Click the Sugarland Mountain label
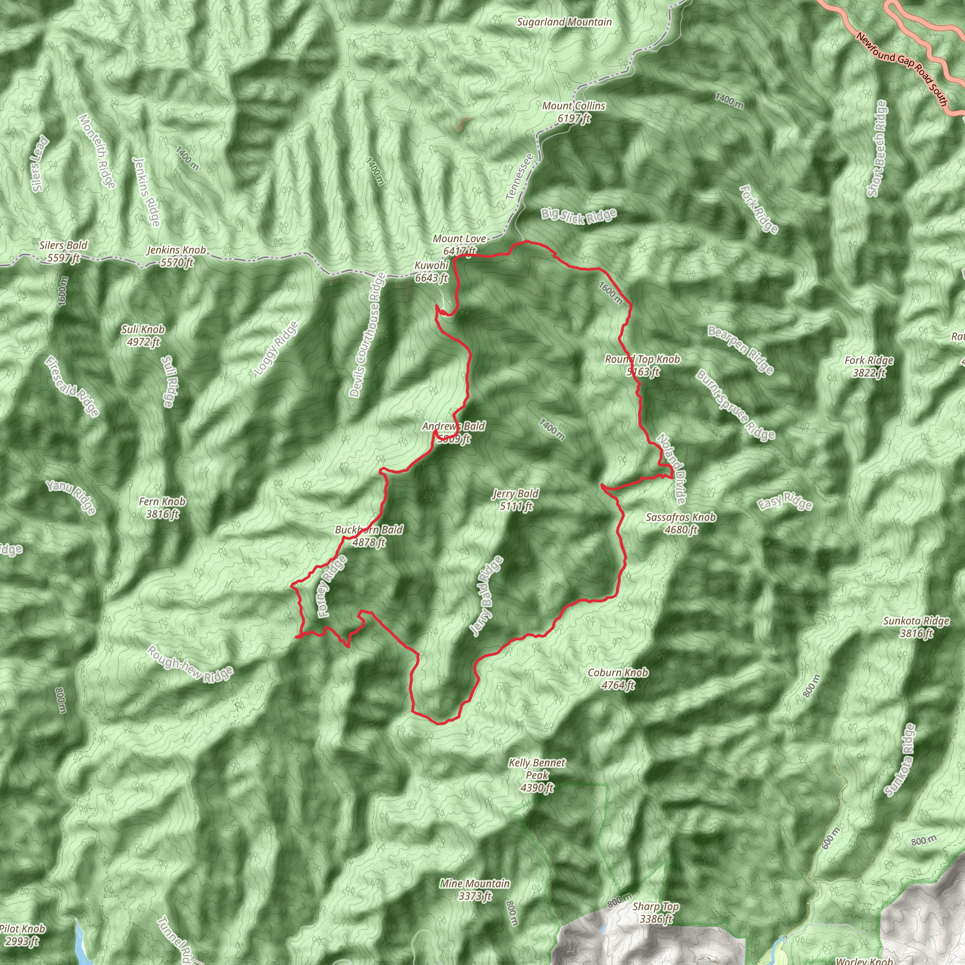564,22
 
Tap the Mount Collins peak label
573,112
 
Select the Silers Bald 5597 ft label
64,251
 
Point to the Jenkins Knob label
176,256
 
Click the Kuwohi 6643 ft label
431,271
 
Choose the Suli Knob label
143,335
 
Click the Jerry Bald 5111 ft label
515,500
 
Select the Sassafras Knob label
680,523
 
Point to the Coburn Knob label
618,679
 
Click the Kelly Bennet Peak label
537,776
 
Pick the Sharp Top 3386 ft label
656,913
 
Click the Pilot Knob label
23,935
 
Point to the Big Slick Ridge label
579,216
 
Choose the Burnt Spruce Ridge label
736,405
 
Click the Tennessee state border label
519,177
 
